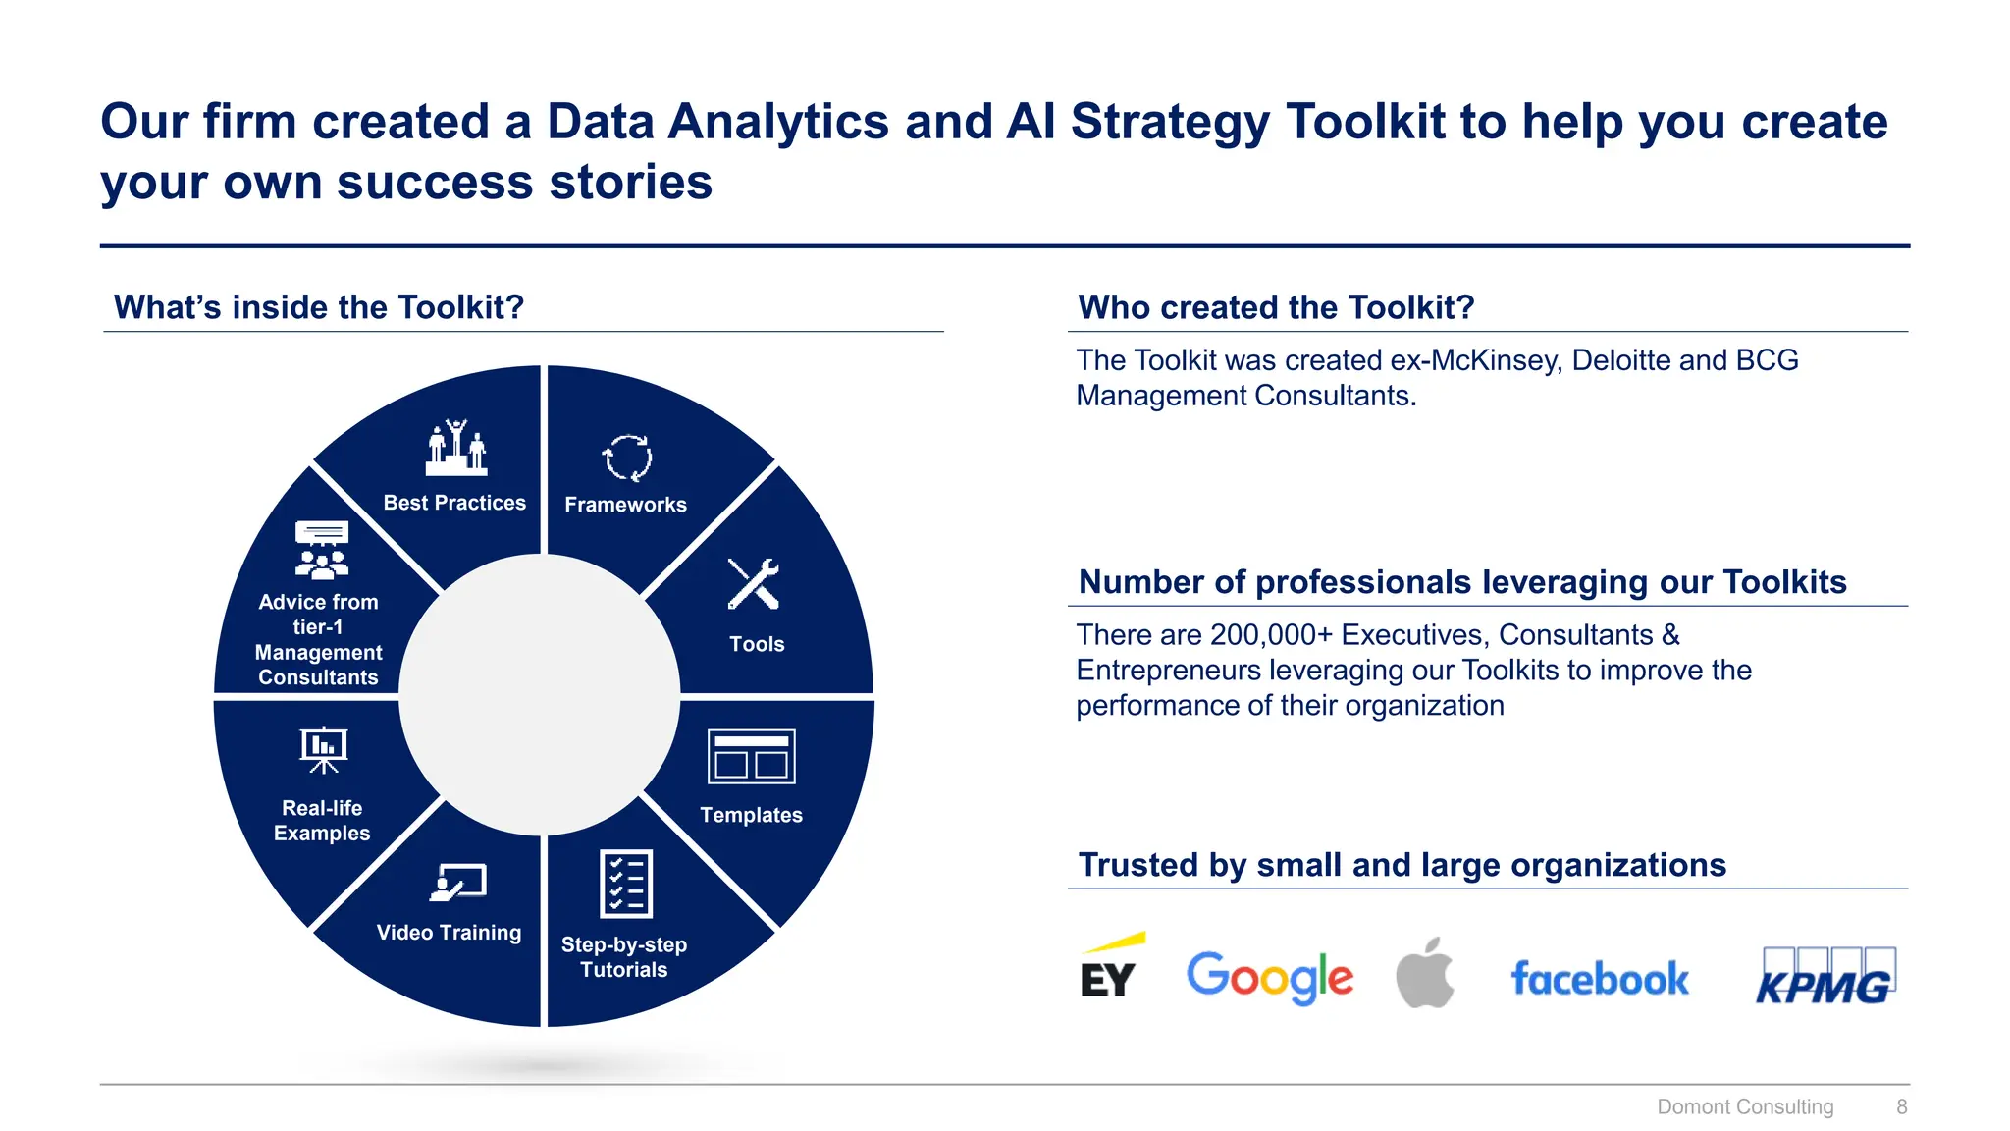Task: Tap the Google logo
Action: [x=1269, y=977]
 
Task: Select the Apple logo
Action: [x=1425, y=973]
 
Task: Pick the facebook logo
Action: [x=1600, y=979]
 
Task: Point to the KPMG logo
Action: [x=1825, y=978]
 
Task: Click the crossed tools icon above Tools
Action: [x=754, y=584]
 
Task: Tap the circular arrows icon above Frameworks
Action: [x=626, y=458]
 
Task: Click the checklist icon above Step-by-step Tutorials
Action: [x=625, y=884]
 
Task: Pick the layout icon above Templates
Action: [x=751, y=757]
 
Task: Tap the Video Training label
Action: [x=449, y=933]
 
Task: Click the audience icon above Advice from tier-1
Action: [x=322, y=550]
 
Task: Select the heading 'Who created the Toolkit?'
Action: [x=1276, y=307]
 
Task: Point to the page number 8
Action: [x=1901, y=1106]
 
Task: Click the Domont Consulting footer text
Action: [x=1745, y=1106]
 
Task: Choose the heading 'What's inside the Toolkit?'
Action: [x=319, y=307]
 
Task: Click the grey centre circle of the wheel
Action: [x=540, y=695]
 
